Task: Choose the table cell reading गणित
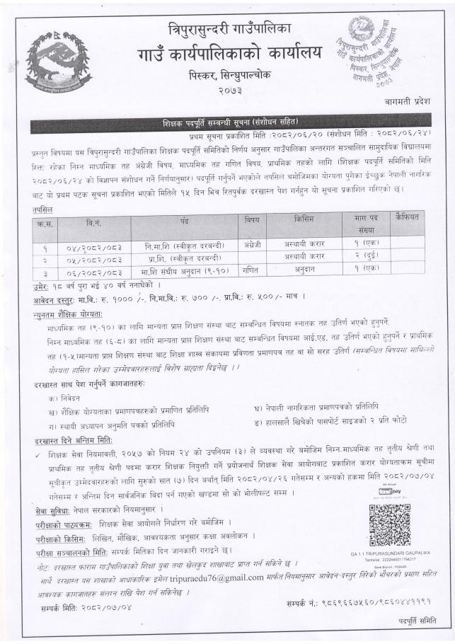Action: [x=253, y=268]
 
